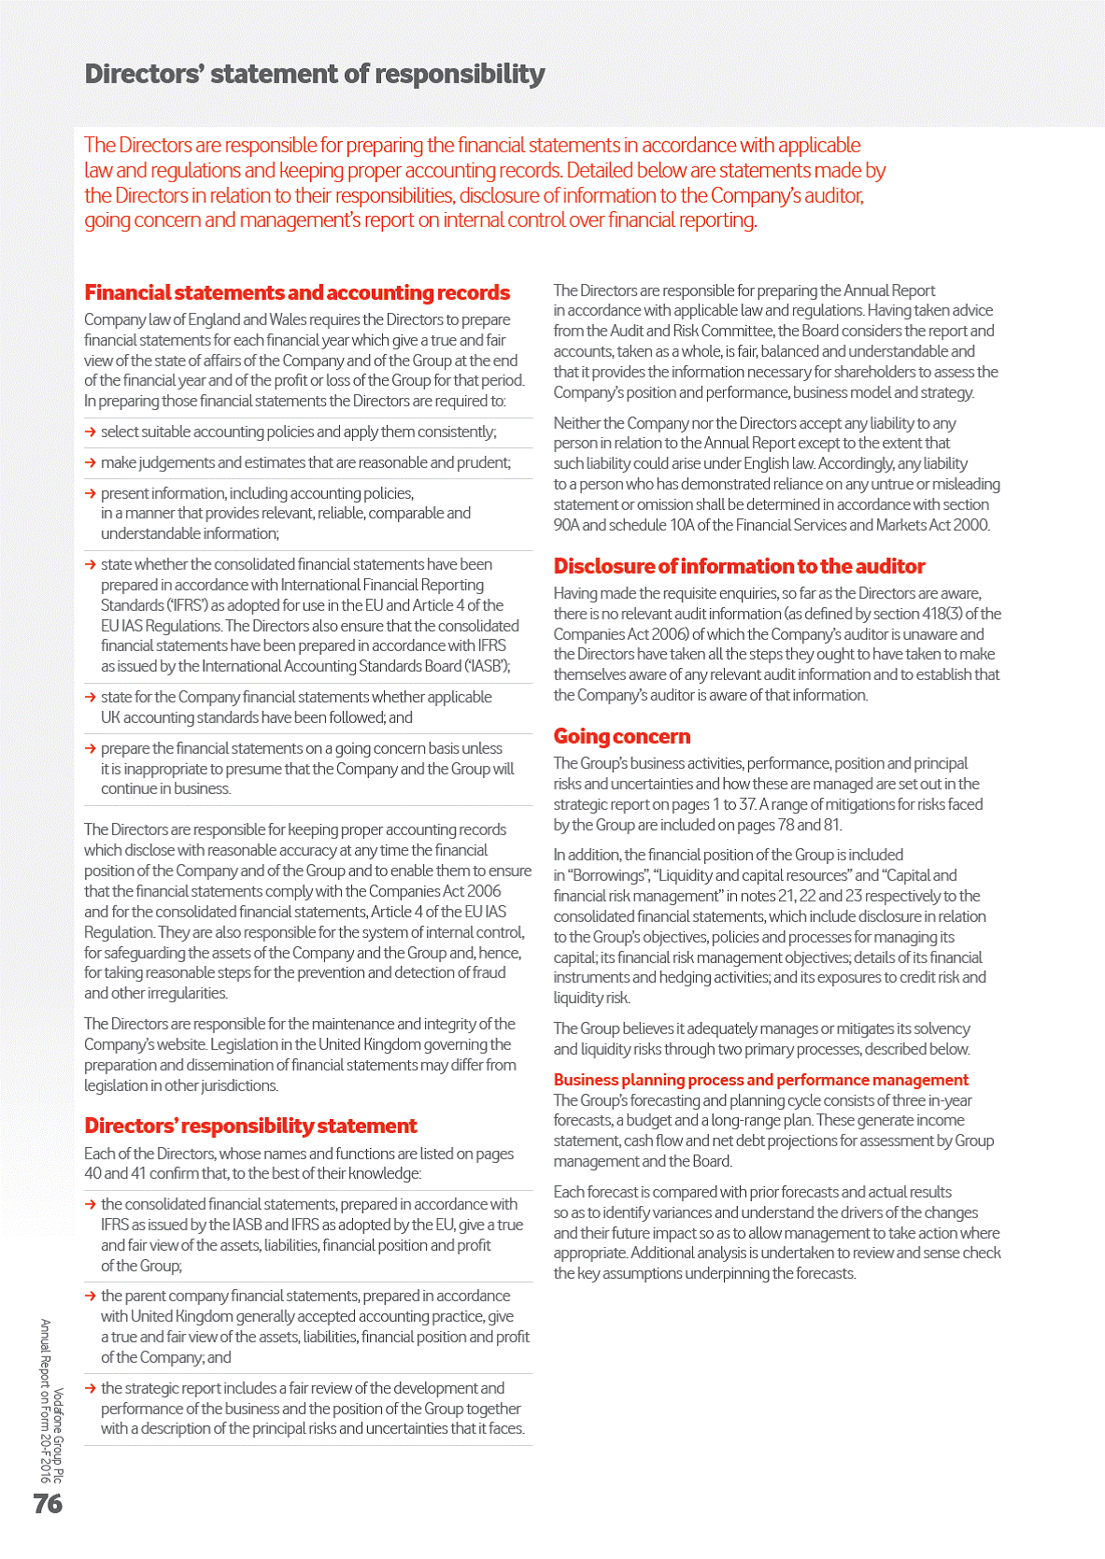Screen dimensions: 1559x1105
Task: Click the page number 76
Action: pyautogui.click(x=48, y=1503)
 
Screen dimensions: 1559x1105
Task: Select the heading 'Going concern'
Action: pyautogui.click(x=622, y=736)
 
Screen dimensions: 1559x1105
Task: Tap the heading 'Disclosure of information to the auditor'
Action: pyautogui.click(x=739, y=566)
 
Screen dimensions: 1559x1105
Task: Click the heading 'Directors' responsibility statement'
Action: pyautogui.click(x=250, y=1126)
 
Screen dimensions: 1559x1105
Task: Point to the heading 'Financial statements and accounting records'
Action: pyautogui.click(x=297, y=292)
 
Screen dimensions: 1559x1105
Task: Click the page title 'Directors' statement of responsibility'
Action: pyautogui.click(x=315, y=74)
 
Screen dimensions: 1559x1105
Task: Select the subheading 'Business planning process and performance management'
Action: pyautogui.click(x=760, y=1080)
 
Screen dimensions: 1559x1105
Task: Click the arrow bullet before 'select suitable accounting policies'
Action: pyautogui.click(x=91, y=432)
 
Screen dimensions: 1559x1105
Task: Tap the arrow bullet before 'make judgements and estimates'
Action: pyautogui.click(x=91, y=462)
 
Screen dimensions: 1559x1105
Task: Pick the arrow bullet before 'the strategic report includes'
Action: pyautogui.click(x=91, y=1388)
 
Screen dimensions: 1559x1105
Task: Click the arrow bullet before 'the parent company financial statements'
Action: pyautogui.click(x=91, y=1296)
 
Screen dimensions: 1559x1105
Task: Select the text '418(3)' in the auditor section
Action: pyautogui.click(x=946, y=614)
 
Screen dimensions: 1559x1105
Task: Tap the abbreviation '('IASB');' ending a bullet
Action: pyautogui.click(x=487, y=666)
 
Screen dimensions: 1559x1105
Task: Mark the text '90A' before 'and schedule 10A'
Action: pyautogui.click(x=566, y=525)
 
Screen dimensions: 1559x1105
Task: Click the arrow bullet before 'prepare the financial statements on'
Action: pyautogui.click(x=91, y=748)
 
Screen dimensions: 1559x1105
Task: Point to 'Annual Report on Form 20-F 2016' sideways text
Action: pyautogui.click(x=44, y=1401)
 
